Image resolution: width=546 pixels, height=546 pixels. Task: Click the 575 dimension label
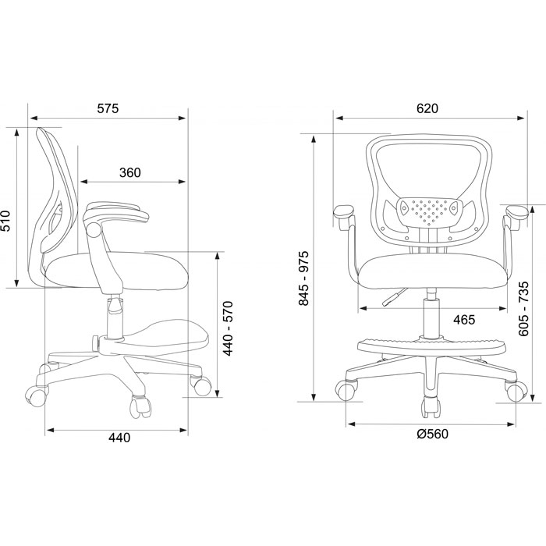coord(108,108)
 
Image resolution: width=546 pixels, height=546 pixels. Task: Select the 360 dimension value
coord(130,172)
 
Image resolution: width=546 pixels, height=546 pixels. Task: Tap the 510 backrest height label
coord(6,221)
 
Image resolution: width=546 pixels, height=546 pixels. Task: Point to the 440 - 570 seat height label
coord(228,328)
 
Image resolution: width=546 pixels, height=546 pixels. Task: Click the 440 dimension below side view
coord(119,438)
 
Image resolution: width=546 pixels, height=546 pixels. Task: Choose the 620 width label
coord(427,108)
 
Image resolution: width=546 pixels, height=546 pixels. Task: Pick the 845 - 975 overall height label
coord(303,278)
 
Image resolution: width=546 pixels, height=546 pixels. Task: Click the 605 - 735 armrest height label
coord(523,309)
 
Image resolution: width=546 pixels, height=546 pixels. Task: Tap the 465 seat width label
coord(464,320)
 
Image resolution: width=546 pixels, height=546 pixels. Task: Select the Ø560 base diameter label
coord(433,434)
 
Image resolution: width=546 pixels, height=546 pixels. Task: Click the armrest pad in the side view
coord(117,211)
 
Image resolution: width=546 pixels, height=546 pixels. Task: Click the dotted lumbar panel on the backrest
coord(429,211)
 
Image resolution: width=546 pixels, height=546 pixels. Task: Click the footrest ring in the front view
coord(431,345)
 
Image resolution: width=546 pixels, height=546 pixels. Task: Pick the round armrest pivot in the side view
coord(94,230)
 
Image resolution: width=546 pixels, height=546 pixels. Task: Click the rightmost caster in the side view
coord(201,385)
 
